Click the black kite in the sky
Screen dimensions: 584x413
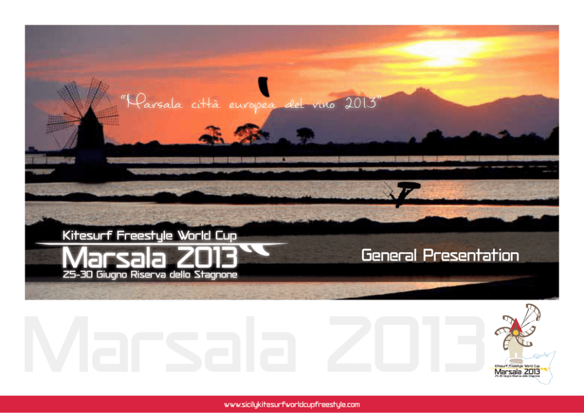pos(264,86)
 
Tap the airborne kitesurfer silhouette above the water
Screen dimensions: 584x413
pos(402,194)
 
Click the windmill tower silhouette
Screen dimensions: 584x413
pos(90,138)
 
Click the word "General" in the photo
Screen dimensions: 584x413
pos(389,255)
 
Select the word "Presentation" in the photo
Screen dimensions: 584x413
pos(471,255)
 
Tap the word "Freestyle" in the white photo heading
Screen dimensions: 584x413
pos(144,235)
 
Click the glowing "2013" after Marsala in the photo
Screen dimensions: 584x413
pos(207,258)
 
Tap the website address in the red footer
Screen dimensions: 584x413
pos(292,404)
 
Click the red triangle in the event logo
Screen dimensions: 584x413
pos(516,326)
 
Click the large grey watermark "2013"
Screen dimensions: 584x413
pos(406,344)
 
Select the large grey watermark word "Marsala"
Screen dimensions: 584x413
pos(160,344)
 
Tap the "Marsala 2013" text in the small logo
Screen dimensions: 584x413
pos(517,371)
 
